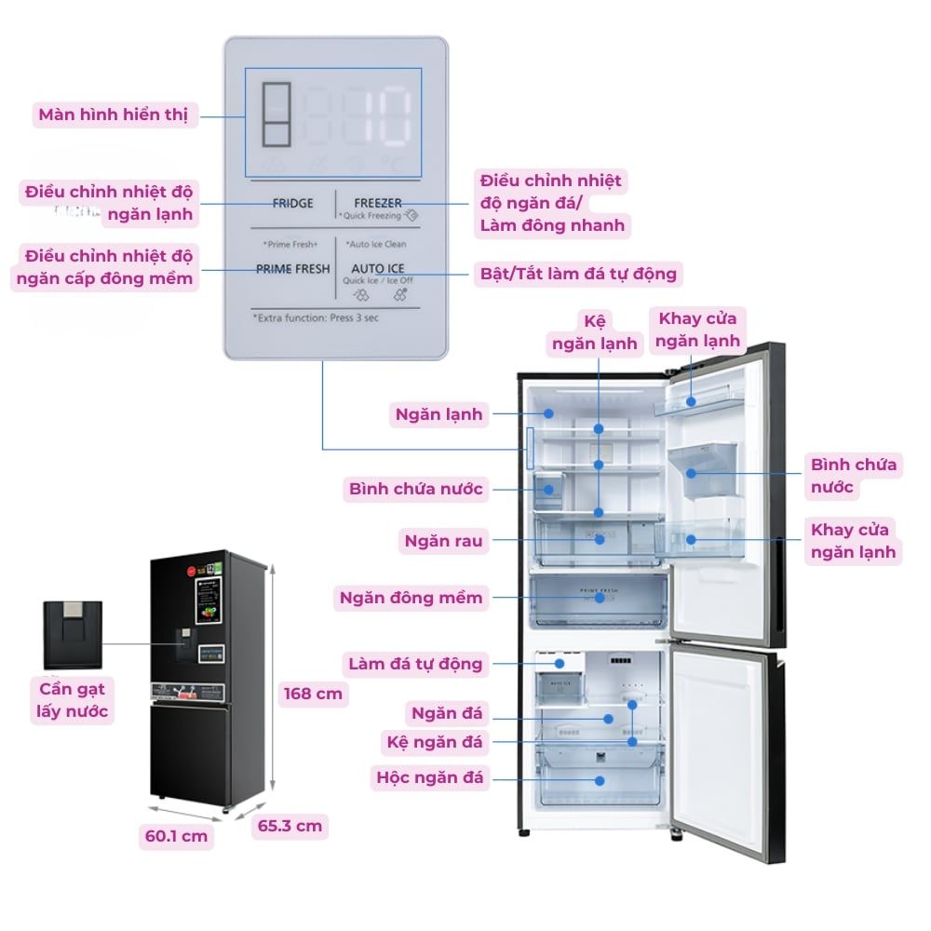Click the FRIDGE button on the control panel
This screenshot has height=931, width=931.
(292, 203)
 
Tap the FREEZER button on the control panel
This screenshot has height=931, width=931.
(377, 203)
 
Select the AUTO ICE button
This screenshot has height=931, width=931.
(377, 268)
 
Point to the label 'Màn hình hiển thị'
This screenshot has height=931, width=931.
(113, 115)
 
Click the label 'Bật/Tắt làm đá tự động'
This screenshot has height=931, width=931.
(578, 274)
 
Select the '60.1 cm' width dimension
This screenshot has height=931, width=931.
(176, 836)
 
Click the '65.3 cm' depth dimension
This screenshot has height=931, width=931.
(290, 825)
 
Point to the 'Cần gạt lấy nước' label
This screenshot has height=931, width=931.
(74, 700)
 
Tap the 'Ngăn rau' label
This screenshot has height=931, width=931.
(442, 540)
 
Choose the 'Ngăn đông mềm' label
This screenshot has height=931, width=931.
(411, 598)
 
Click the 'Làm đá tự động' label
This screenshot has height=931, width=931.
(415, 664)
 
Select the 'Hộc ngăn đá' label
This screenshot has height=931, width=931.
(430, 777)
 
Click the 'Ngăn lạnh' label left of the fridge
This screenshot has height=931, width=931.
(439, 414)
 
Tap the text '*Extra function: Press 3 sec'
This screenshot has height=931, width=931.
(316, 317)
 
